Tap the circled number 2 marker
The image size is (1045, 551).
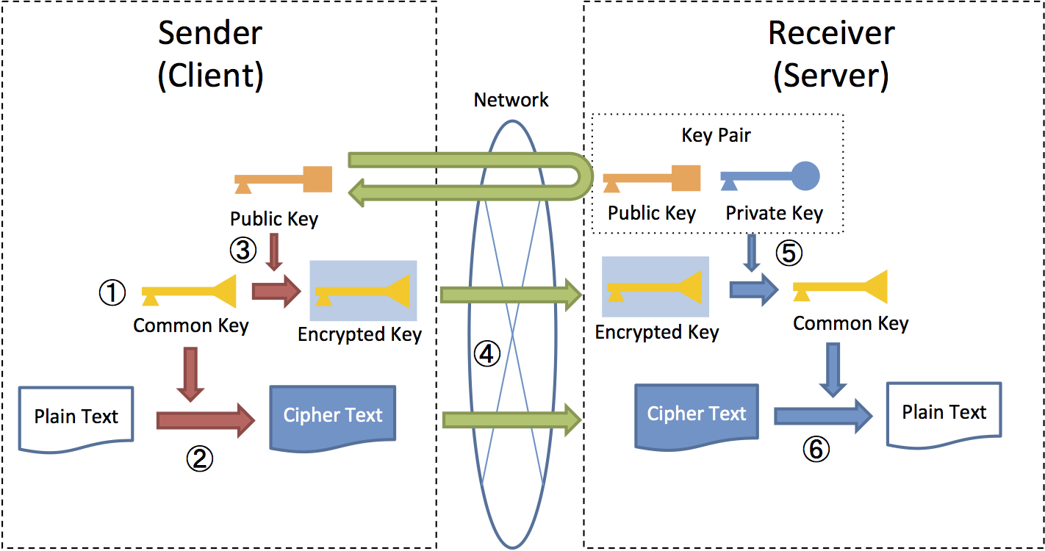(x=198, y=458)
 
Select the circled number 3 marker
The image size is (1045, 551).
(x=243, y=251)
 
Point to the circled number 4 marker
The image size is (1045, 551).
(x=486, y=355)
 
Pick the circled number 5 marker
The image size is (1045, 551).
(x=788, y=253)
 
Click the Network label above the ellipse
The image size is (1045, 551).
(x=511, y=100)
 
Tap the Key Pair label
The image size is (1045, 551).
(x=716, y=135)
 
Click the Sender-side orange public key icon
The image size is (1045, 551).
(x=284, y=180)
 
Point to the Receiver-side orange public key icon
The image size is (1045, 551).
(x=651, y=179)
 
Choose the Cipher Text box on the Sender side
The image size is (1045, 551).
(x=333, y=415)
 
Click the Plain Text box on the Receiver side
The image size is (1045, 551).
(x=944, y=413)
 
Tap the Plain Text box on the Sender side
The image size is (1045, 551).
(x=76, y=417)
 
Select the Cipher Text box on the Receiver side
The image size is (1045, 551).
(x=696, y=414)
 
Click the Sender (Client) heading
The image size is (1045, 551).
(x=210, y=54)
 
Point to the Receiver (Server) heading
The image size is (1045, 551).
(x=831, y=54)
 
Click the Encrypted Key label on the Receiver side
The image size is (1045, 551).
(x=656, y=332)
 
